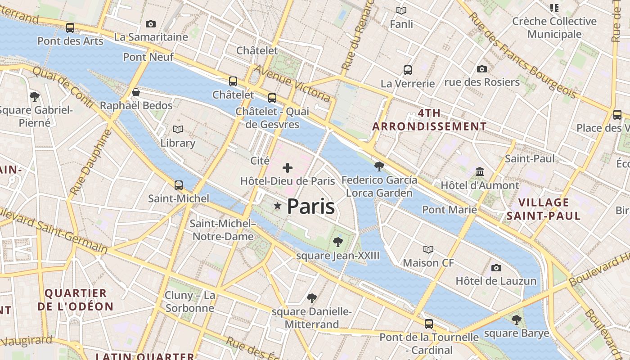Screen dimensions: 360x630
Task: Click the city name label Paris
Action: pyautogui.click(x=310, y=207)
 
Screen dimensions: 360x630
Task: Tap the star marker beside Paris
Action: pyautogui.click(x=278, y=206)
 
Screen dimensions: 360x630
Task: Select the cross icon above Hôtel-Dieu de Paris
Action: pyautogui.click(x=288, y=168)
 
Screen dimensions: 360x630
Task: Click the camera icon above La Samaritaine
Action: pyautogui.click(x=151, y=24)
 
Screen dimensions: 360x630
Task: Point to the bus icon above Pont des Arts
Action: pyautogui.click(x=70, y=27)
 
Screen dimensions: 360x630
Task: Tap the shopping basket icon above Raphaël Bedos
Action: pyautogui.click(x=136, y=93)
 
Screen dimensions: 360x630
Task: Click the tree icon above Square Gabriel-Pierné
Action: pyautogui.click(x=34, y=96)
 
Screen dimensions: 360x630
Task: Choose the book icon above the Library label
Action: pyautogui.click(x=178, y=130)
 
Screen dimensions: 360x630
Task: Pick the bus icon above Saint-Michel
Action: pyautogui.click(x=179, y=185)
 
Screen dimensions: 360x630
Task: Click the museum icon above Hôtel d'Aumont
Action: pyautogui.click(x=480, y=172)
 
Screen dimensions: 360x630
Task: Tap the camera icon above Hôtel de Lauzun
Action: pyautogui.click(x=496, y=268)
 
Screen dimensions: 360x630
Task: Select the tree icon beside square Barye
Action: pyautogui.click(x=516, y=320)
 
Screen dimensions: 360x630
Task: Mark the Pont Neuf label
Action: pyautogui.click(x=141, y=57)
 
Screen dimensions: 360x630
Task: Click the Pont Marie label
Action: pyautogui.click(x=449, y=209)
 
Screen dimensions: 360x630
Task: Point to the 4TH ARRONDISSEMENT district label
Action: pyautogui.click(x=429, y=120)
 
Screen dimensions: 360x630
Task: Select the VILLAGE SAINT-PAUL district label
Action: pyautogui.click(x=544, y=209)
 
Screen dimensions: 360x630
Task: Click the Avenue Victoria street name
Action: pyautogui.click(x=292, y=83)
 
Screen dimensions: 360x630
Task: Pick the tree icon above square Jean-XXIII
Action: pyautogui.click(x=338, y=242)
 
